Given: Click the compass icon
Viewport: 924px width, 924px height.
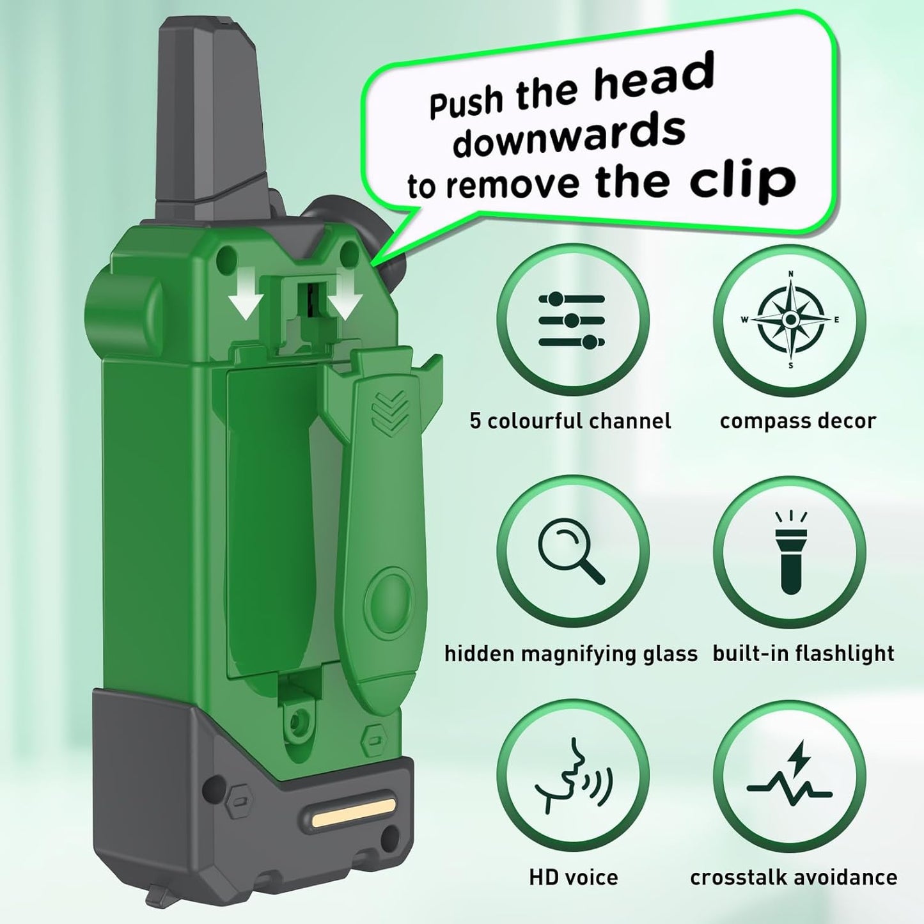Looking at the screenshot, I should (x=790, y=319).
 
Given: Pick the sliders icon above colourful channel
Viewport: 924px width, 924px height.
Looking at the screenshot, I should (x=571, y=319).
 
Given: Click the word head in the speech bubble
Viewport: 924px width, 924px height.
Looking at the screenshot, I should (x=653, y=79).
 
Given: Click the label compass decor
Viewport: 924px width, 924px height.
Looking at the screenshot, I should (x=797, y=421).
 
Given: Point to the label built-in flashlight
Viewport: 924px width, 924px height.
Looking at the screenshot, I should (x=803, y=654).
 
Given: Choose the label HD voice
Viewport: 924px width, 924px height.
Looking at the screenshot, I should (x=573, y=877).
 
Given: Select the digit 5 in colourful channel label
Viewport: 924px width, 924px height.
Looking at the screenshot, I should (x=475, y=421).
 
